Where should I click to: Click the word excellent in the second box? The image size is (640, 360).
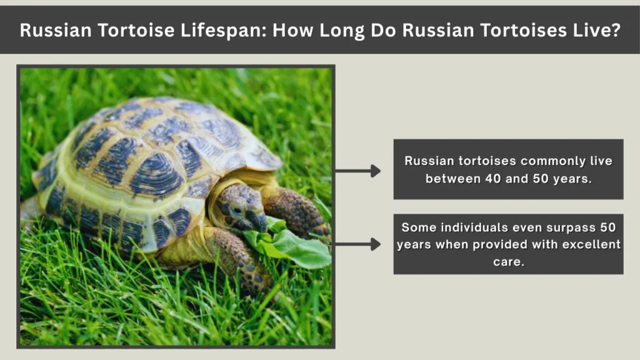pos(587,244)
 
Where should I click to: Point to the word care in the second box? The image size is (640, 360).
pos(508,261)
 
